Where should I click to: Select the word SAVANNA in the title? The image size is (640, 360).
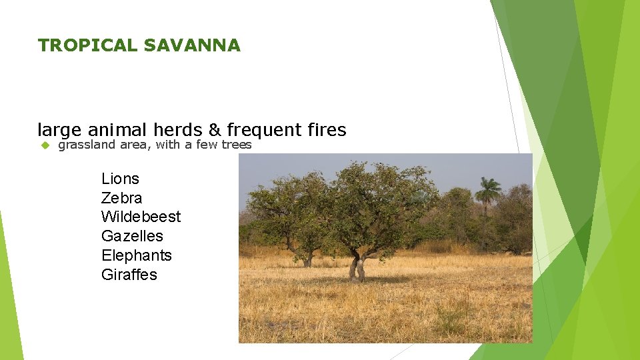[x=192, y=45]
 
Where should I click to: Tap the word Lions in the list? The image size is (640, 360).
[x=120, y=179]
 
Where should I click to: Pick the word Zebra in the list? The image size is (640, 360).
[x=121, y=198]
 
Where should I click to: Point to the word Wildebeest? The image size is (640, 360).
[x=141, y=217]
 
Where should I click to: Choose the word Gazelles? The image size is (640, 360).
[x=132, y=236]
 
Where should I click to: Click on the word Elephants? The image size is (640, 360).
[x=136, y=255]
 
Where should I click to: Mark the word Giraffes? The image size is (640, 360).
[x=129, y=275]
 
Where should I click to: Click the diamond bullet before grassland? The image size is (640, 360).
[x=45, y=145]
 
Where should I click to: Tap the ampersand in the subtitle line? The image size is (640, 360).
[x=215, y=129]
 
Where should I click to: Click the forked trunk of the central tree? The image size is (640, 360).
[x=357, y=266]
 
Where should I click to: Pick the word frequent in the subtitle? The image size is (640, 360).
[x=264, y=129]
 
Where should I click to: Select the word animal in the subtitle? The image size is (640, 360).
[x=117, y=129]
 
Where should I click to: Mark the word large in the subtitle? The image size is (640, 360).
[x=59, y=129]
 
